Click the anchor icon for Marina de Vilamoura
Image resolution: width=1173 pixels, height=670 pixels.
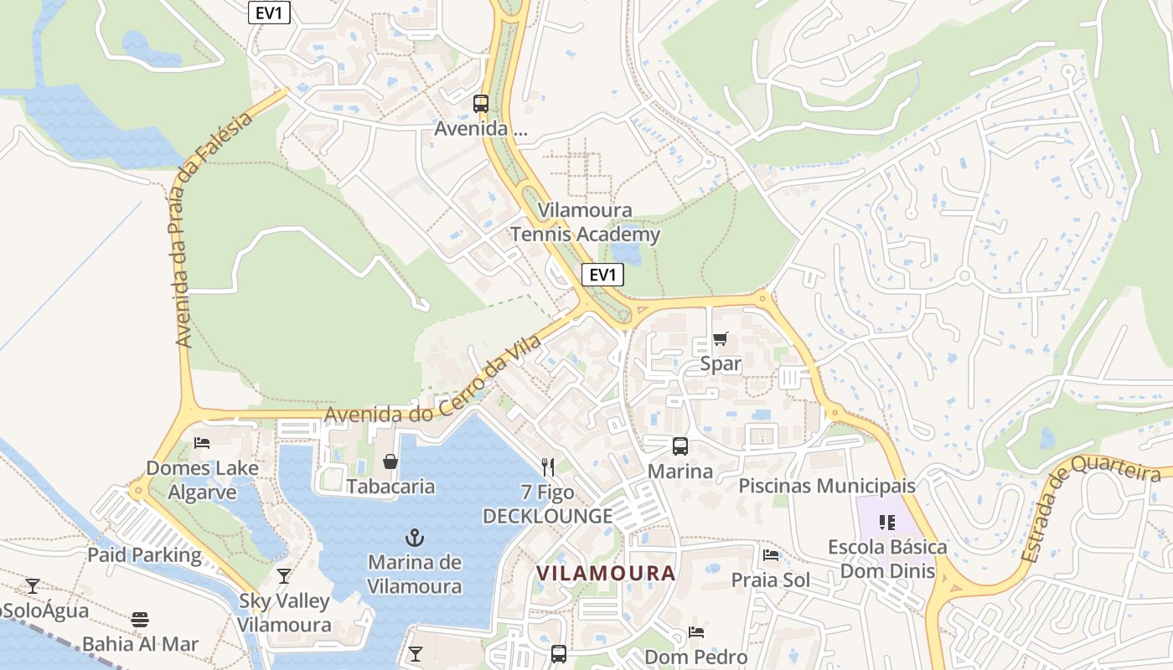tap(414, 537)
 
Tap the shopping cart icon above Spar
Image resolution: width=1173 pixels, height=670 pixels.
tap(720, 339)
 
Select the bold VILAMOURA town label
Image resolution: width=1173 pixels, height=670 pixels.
tap(606, 573)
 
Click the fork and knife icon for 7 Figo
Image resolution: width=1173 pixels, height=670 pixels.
tap(548, 466)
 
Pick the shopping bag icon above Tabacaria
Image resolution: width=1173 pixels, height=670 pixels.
tap(390, 461)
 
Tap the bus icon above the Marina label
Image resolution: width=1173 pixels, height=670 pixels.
tap(680, 446)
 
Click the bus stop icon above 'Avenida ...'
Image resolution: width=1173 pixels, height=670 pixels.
tap(481, 104)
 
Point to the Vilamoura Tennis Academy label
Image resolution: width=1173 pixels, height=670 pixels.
tap(585, 223)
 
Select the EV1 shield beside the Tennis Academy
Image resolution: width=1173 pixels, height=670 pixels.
tap(602, 275)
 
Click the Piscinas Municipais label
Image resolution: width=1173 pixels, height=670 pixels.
tap(827, 486)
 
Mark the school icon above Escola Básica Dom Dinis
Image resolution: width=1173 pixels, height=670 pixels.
tap(887, 523)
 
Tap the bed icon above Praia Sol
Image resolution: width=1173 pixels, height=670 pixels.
tap(771, 555)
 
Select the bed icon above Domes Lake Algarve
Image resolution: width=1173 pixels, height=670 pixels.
tap(202, 442)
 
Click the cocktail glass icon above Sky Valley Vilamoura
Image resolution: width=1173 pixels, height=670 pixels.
tap(284, 575)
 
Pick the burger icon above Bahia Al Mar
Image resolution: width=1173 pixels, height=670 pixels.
tap(140, 620)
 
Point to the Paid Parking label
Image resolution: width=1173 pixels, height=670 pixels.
tap(145, 554)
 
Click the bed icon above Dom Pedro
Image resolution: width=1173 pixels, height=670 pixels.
tap(695, 632)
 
